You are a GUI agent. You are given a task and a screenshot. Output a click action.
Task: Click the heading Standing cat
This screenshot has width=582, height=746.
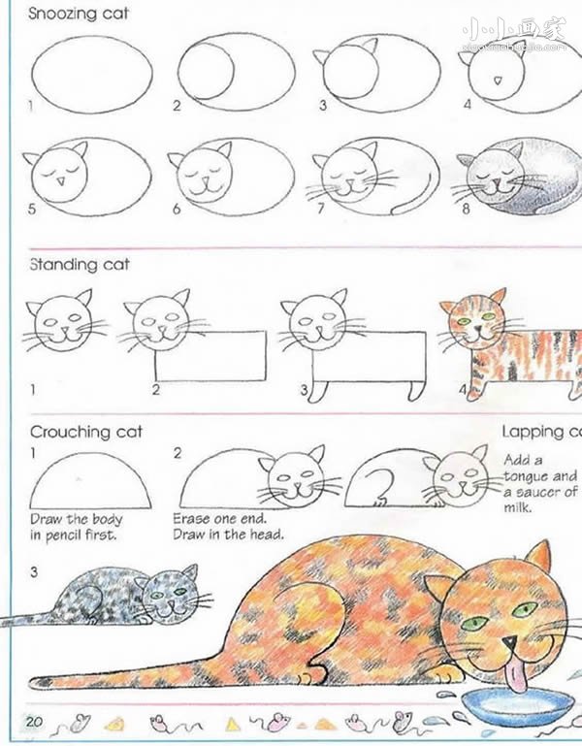pyautogui.click(x=79, y=264)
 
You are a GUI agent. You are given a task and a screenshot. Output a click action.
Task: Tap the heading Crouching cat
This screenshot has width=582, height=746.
pyautogui.click(x=85, y=432)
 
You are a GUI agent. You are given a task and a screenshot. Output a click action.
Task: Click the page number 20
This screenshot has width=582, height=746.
pyautogui.click(x=35, y=721)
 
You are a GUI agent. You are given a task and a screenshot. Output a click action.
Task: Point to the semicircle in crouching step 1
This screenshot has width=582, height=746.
pyautogui.click(x=91, y=480)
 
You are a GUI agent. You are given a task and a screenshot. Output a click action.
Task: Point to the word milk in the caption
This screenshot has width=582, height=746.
pyautogui.click(x=519, y=507)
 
